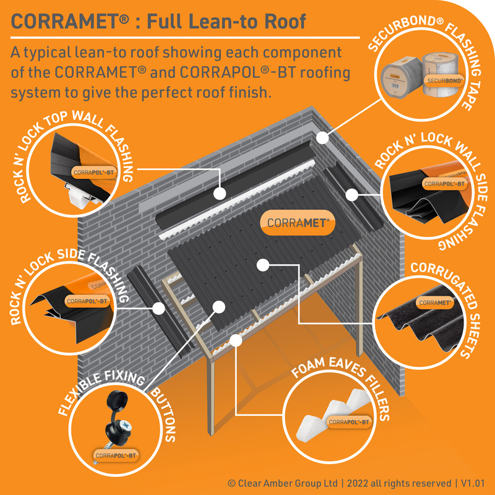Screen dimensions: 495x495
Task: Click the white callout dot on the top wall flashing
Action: pos(219,193)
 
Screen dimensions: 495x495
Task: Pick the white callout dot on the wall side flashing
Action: pos(351,194)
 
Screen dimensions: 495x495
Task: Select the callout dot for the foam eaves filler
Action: pos(235,339)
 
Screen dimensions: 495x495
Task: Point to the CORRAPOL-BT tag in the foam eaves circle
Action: pos(349,423)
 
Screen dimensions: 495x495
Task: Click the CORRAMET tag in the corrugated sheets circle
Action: pos(434,303)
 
